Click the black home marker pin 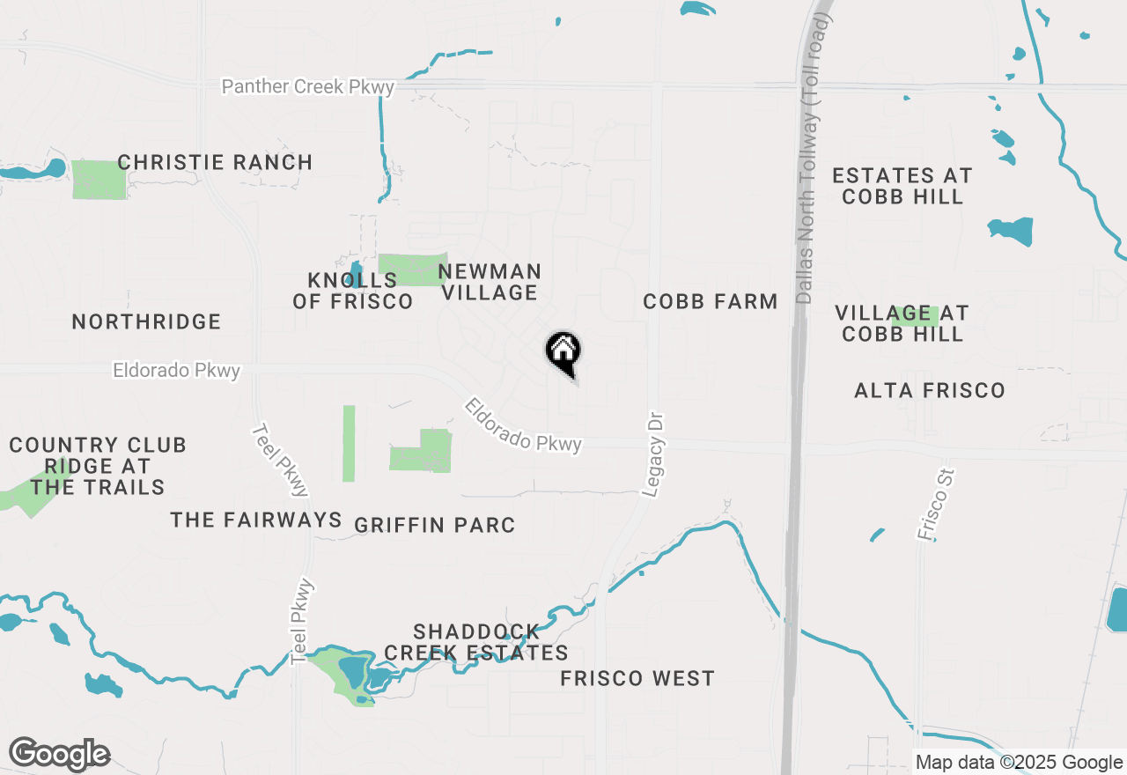[563, 352]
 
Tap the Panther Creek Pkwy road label [308, 87]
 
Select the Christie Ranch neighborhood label [215, 163]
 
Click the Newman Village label [490, 282]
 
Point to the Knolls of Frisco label [352, 291]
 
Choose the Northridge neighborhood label [146, 322]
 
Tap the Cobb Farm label [710, 302]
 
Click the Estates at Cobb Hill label [902, 186]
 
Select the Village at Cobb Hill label [902, 323]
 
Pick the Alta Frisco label [930, 390]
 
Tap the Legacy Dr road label [652, 454]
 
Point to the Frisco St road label [935, 505]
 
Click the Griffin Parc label [434, 526]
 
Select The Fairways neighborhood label [256, 520]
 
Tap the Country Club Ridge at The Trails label [98, 466]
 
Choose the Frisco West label [637, 679]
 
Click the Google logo [59, 755]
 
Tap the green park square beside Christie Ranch [99, 180]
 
